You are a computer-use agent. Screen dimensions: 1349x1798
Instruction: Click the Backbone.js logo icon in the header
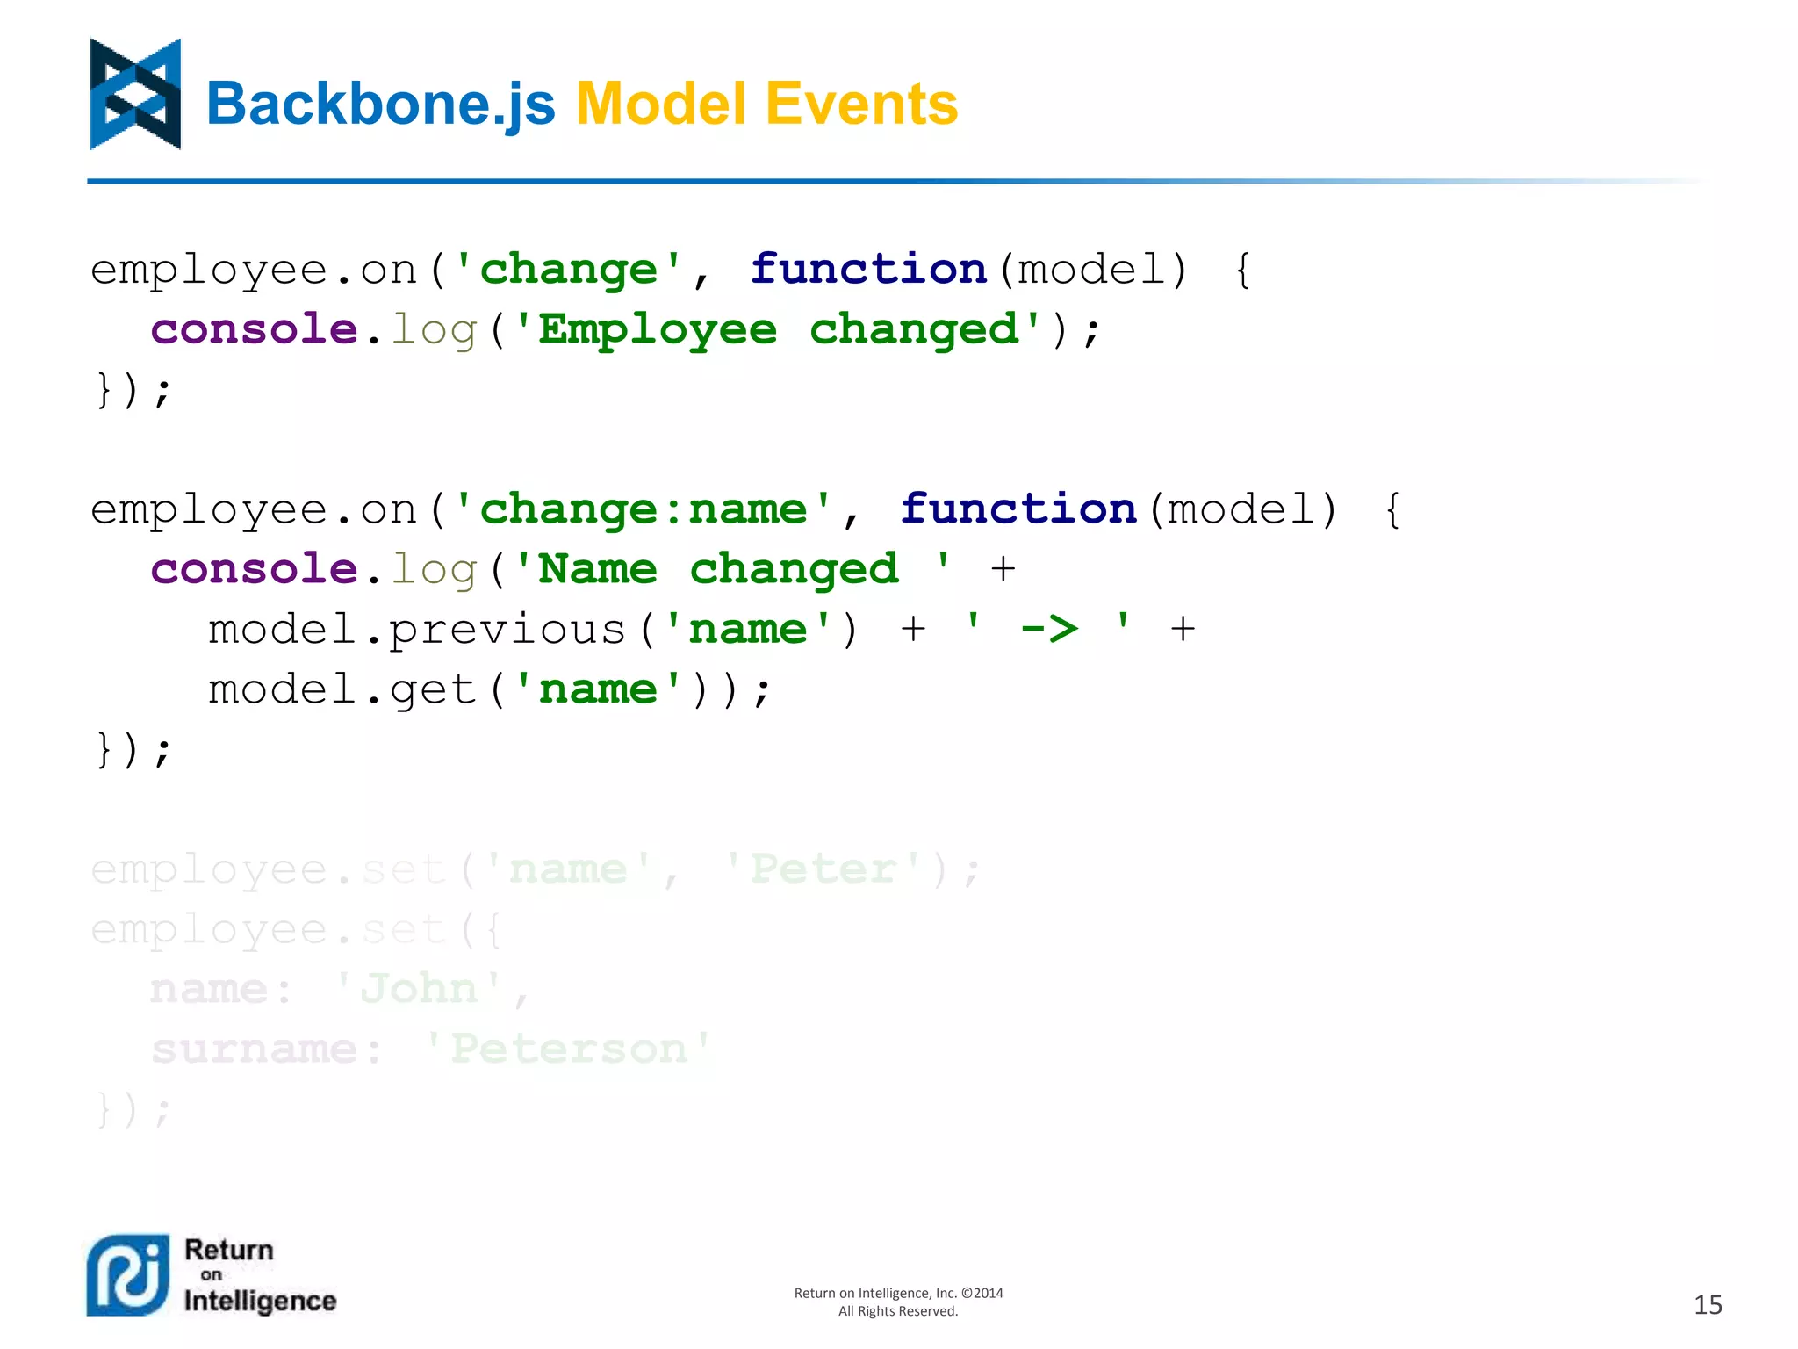tap(135, 94)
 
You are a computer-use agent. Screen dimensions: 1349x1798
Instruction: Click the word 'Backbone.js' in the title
tap(380, 104)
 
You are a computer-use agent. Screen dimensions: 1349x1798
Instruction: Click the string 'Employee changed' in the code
tap(777, 330)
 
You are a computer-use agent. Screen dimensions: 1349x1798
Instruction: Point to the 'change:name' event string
tap(643, 510)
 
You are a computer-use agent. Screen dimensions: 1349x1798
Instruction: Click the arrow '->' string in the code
tap(1048, 630)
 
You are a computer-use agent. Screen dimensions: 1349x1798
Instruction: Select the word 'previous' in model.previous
tap(507, 630)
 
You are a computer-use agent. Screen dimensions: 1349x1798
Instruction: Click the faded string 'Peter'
tap(823, 869)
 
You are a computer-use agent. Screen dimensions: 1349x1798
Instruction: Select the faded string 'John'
tap(420, 990)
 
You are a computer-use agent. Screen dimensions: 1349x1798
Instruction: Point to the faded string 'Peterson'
tap(569, 1050)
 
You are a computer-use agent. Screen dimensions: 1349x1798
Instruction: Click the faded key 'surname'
tap(254, 1050)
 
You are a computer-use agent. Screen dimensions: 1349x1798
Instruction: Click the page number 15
tap(1707, 1304)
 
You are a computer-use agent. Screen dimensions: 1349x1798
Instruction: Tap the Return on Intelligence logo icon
tap(128, 1274)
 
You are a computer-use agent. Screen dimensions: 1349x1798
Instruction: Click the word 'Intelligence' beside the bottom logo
tap(260, 1301)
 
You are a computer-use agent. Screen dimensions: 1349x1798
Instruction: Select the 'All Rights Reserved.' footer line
tap(897, 1311)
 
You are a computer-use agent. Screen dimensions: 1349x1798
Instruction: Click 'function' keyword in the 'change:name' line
tap(1018, 510)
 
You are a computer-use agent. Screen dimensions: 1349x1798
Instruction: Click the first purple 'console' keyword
tap(254, 330)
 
